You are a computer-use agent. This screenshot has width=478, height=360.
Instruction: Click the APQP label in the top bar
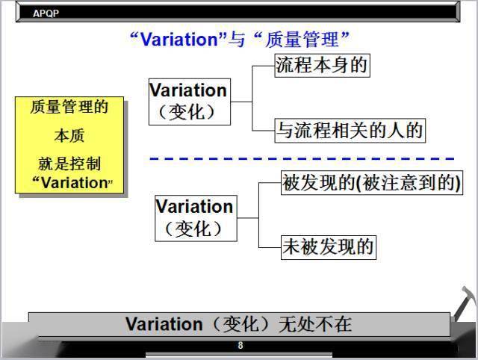46,13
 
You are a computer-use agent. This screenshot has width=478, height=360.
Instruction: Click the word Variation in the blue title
179,40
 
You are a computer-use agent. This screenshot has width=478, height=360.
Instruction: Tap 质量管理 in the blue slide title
302,40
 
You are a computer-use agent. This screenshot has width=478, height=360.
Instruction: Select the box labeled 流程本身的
322,66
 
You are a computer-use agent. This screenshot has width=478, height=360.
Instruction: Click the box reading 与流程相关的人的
350,131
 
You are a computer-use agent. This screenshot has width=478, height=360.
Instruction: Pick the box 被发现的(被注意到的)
372,182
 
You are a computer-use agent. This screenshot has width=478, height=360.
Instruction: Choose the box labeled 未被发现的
329,247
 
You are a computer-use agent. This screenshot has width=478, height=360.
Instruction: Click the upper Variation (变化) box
190,102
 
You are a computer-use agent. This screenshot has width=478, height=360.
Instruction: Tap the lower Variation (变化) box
196,218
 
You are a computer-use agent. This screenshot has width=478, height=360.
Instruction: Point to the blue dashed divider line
302,158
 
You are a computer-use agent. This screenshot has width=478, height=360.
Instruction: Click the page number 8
240,345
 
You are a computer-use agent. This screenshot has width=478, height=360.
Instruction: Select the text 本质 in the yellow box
69,135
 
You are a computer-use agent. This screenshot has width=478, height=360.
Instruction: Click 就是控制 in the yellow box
69,164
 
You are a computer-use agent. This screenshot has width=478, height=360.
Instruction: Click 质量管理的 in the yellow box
69,107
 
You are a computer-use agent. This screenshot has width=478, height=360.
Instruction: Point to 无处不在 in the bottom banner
315,324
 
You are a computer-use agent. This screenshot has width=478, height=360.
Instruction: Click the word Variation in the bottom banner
164,324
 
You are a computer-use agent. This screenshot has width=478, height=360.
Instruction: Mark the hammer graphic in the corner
465,303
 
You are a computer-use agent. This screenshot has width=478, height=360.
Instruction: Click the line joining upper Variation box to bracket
241,102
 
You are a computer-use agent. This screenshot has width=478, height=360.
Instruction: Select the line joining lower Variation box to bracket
248,218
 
